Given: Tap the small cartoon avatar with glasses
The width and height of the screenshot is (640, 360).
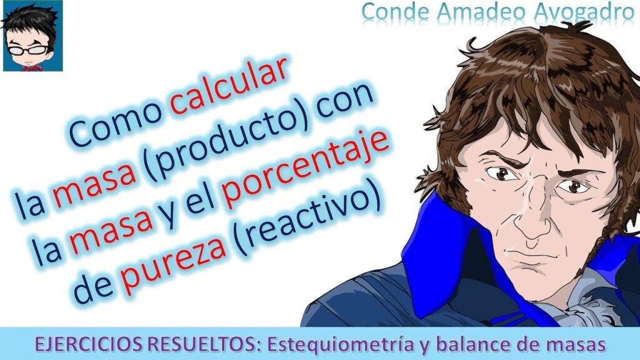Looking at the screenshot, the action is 32,36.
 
